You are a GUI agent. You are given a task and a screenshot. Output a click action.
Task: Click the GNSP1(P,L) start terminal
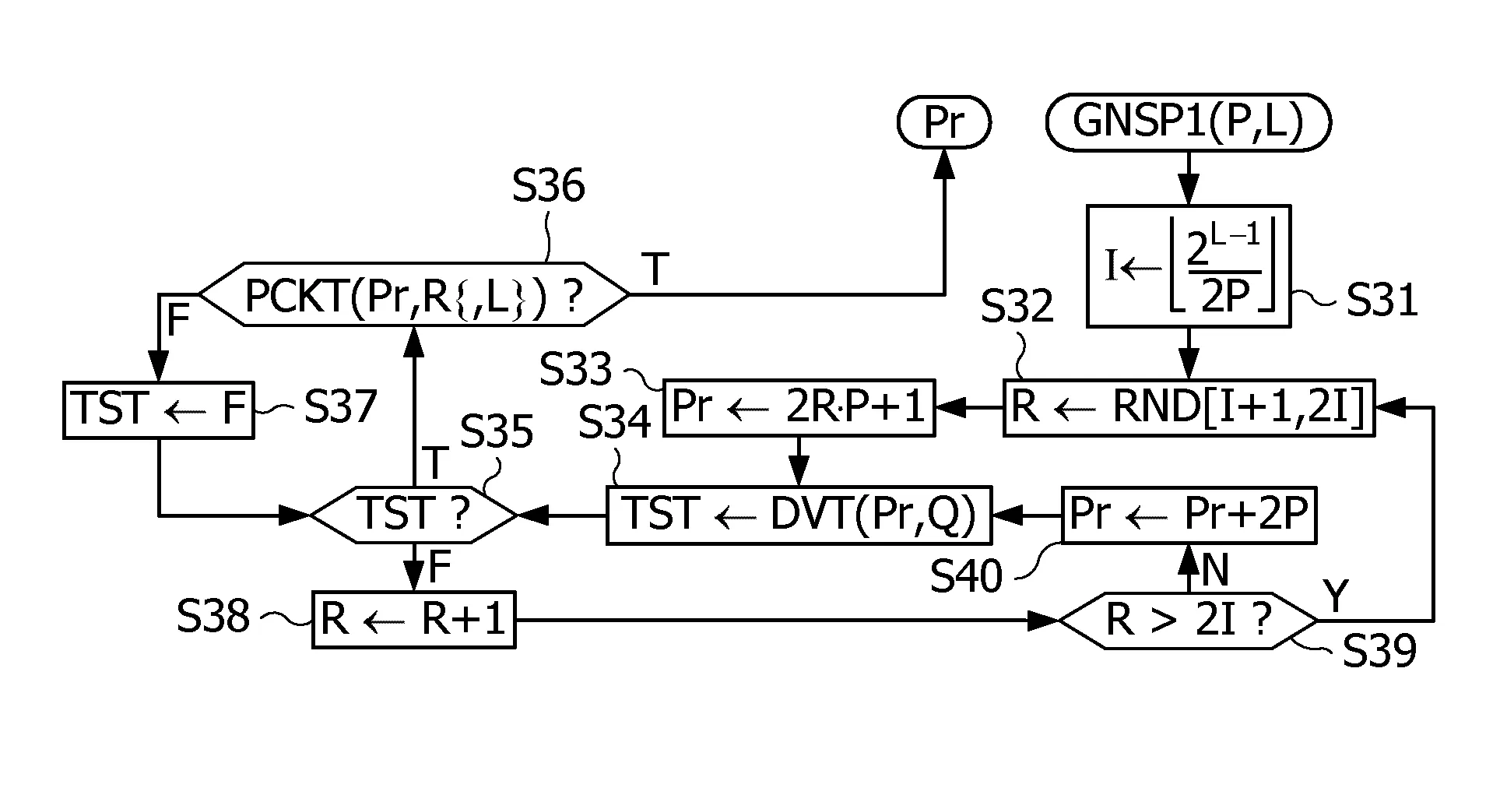click(x=1188, y=121)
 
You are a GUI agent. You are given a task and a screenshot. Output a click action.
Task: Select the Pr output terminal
click(x=944, y=121)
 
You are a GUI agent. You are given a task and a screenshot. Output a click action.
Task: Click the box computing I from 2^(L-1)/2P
click(x=1189, y=266)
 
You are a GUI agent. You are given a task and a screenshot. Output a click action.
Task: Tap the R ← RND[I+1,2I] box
click(x=1189, y=407)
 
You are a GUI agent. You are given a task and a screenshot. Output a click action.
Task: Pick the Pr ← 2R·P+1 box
click(x=799, y=407)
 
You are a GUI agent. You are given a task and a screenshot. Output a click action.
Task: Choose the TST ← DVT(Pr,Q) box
click(x=799, y=515)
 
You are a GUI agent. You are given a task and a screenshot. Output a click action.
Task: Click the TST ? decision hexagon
click(x=413, y=515)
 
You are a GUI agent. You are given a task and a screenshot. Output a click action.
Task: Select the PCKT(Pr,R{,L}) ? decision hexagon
click(x=413, y=294)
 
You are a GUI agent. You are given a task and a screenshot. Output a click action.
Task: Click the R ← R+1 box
click(x=413, y=620)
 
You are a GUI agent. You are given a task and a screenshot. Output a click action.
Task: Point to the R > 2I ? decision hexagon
click(x=1189, y=621)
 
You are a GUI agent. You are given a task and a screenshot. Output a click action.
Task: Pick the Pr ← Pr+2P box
click(x=1189, y=515)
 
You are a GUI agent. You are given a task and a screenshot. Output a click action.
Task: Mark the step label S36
click(x=548, y=187)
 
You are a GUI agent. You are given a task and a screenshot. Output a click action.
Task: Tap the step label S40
click(x=966, y=577)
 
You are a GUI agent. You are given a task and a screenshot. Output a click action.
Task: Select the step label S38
click(x=213, y=617)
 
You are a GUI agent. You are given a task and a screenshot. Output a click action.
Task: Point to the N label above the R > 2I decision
click(x=1215, y=572)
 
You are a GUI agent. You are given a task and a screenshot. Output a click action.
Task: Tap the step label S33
click(x=577, y=370)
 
